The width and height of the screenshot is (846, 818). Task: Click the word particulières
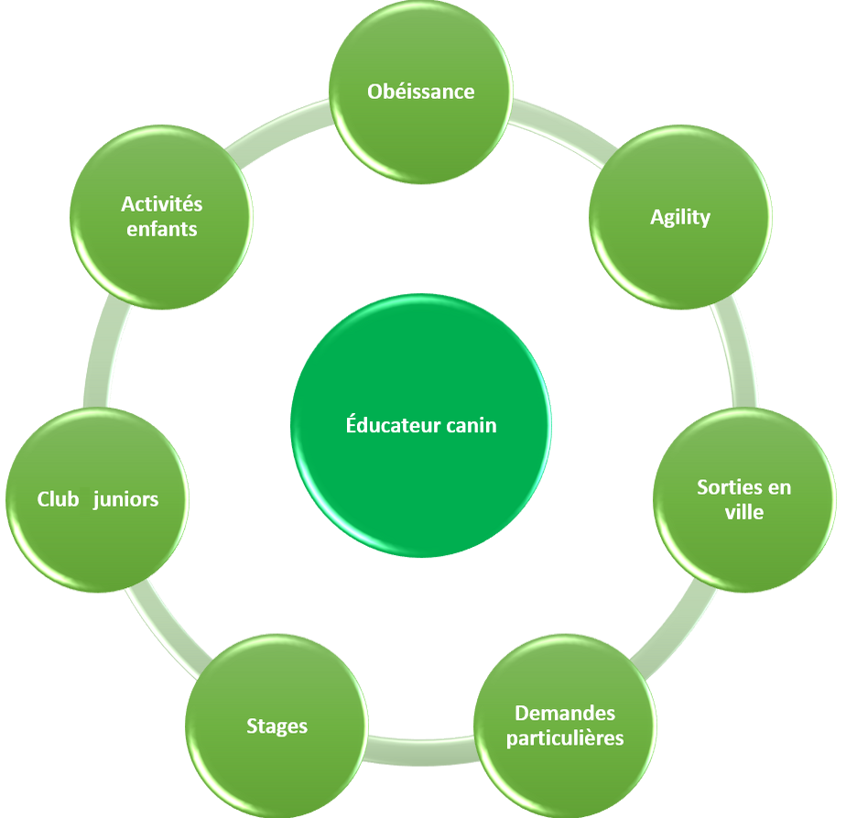point(565,737)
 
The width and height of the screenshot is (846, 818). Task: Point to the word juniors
point(126,499)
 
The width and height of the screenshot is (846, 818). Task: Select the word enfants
point(161,229)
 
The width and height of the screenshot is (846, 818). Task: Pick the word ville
point(743,512)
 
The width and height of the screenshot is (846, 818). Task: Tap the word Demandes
point(565,713)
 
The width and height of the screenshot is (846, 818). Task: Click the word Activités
point(161,203)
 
